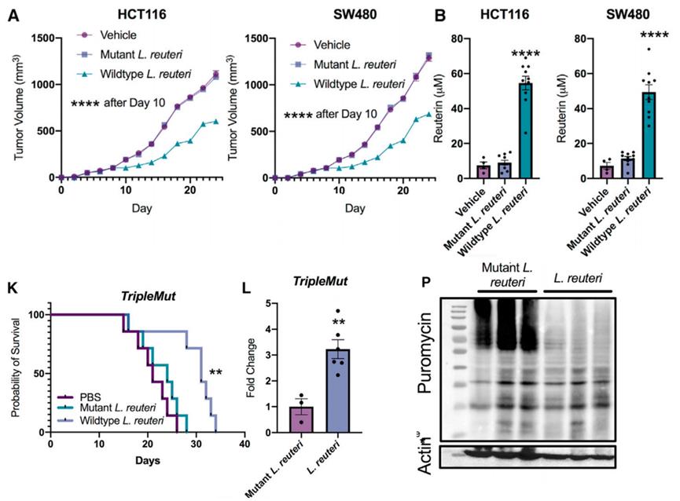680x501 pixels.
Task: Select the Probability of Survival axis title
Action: click(x=16, y=371)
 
